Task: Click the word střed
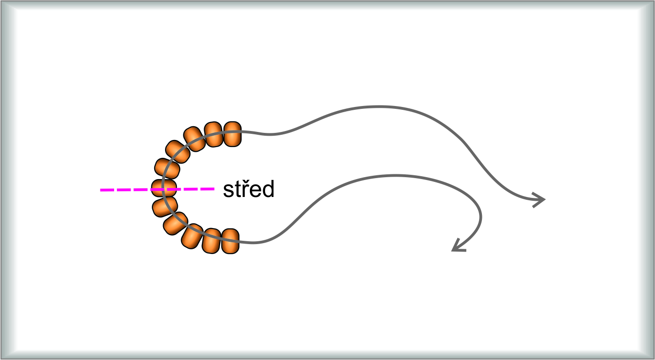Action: click(x=248, y=189)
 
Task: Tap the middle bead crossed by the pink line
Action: click(x=164, y=188)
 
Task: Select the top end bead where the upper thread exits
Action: click(x=232, y=134)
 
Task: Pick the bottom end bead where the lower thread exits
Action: click(x=231, y=241)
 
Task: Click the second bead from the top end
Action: click(x=213, y=135)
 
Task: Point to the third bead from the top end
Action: click(x=194, y=139)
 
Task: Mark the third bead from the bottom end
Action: click(x=192, y=237)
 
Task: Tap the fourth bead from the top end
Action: click(x=177, y=152)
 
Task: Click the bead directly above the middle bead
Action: click(x=167, y=169)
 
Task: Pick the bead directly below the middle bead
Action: click(x=165, y=206)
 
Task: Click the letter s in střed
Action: click(x=228, y=191)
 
